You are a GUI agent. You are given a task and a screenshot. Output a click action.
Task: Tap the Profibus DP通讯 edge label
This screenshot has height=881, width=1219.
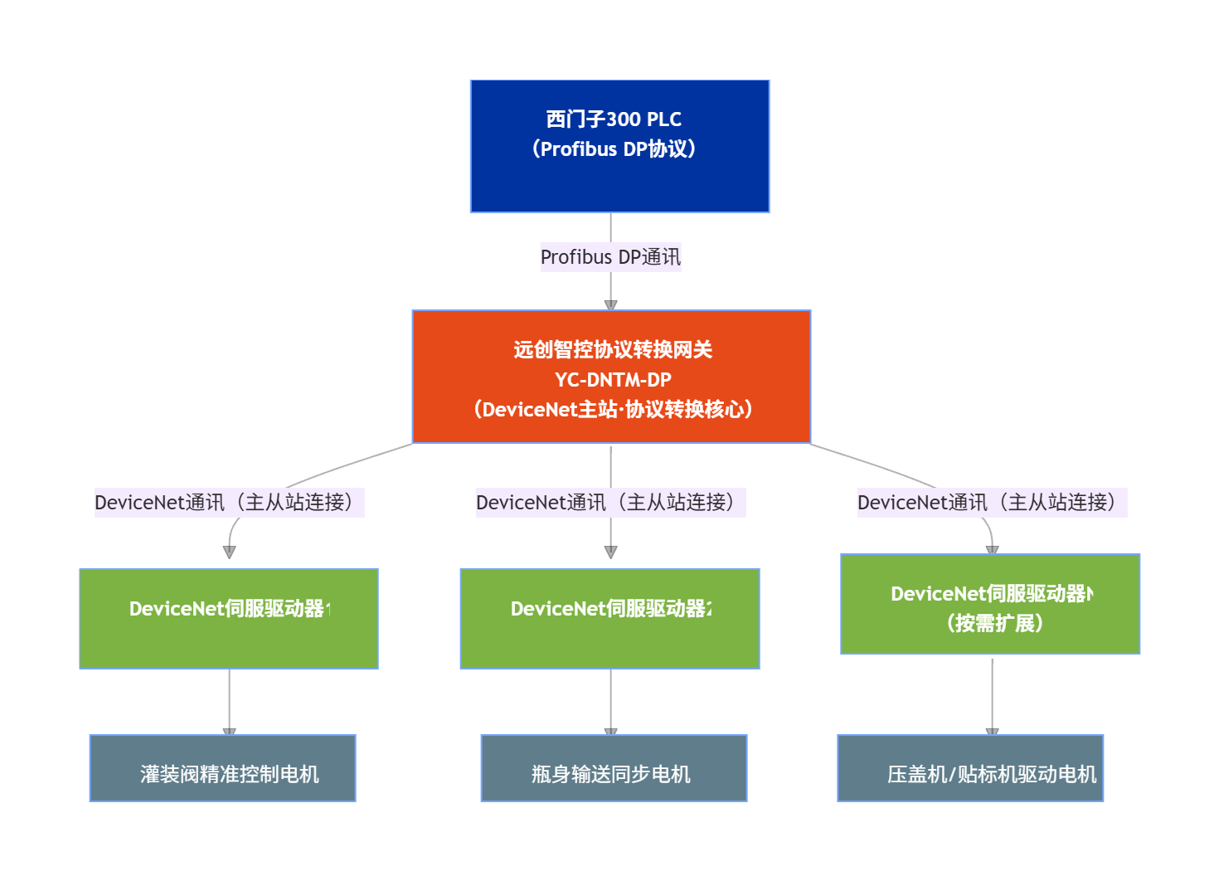click(x=610, y=257)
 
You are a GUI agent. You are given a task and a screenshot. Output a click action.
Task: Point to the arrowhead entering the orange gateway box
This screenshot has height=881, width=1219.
click(x=611, y=305)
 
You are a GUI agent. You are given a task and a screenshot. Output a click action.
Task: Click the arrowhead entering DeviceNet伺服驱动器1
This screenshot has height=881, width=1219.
click(x=230, y=552)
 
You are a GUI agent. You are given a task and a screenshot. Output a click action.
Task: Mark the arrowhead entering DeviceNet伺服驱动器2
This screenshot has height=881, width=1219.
click(x=611, y=552)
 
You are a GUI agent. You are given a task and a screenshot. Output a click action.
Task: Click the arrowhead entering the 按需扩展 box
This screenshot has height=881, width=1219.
click(x=992, y=549)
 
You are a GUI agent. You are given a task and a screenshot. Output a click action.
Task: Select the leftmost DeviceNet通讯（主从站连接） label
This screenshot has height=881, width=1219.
click(x=229, y=503)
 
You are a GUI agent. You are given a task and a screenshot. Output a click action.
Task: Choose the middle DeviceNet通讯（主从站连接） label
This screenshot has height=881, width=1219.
click(x=610, y=503)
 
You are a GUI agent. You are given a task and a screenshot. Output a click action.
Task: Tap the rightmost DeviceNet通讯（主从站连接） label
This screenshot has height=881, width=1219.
click(x=992, y=503)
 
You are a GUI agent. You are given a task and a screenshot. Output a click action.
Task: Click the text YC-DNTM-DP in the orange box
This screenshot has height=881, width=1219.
click(x=613, y=380)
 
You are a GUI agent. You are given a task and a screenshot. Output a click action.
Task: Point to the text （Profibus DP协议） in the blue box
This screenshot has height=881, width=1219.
click(x=614, y=149)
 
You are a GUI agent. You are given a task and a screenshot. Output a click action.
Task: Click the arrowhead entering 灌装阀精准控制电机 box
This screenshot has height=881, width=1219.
click(x=230, y=731)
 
